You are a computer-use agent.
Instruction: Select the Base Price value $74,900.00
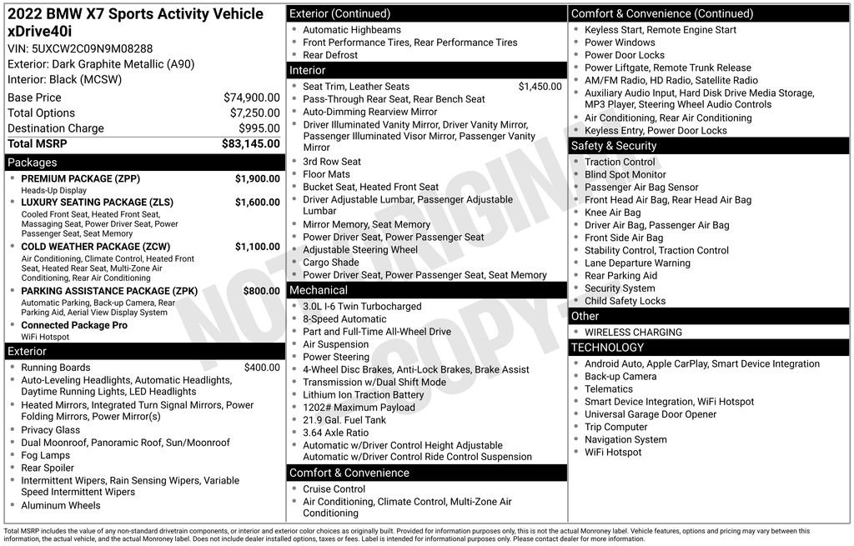251,98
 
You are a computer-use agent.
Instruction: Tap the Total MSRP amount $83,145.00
250,143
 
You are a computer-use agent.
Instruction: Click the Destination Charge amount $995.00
259,128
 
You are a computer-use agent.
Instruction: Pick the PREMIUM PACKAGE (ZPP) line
80,179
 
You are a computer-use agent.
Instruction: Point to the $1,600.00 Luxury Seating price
257,203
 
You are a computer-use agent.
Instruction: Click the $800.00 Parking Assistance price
261,291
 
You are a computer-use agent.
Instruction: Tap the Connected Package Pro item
74,325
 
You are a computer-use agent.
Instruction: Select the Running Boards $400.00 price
262,368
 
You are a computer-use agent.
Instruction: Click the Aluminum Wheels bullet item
61,505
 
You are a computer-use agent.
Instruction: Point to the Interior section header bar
426,71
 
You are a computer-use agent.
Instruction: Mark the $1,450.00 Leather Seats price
540,87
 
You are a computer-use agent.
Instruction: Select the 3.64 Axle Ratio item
335,433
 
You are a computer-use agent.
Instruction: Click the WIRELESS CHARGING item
633,332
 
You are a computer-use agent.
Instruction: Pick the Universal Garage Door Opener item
651,414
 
